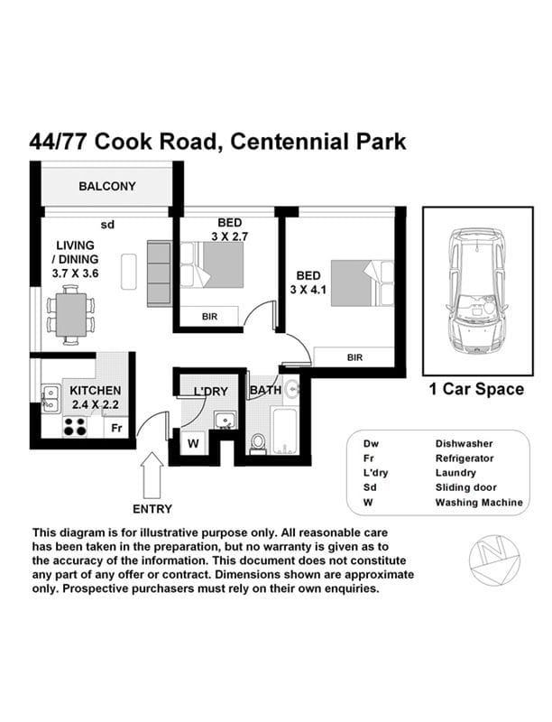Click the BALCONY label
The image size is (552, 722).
(107, 187)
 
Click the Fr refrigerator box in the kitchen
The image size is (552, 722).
(116, 428)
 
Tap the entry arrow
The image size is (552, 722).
(152, 474)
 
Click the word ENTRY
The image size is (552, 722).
(152, 509)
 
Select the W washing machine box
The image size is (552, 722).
(193, 443)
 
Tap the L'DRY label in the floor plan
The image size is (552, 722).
(209, 391)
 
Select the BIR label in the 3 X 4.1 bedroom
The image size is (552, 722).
(354, 358)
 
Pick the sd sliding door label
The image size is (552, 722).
(106, 225)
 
